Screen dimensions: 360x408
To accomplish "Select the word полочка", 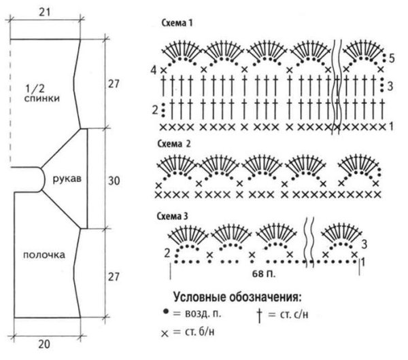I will point(43,255).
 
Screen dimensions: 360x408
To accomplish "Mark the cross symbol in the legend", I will point(165,334).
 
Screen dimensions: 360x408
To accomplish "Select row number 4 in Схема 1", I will point(154,70).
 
